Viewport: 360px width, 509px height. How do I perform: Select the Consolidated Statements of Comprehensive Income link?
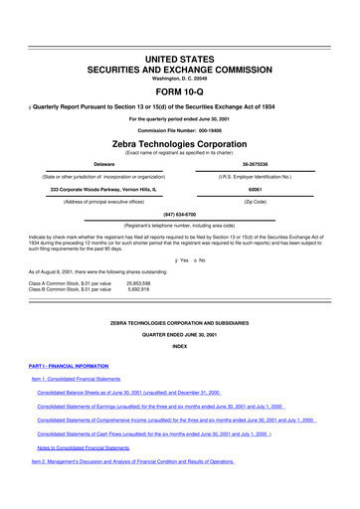click(175, 433)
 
